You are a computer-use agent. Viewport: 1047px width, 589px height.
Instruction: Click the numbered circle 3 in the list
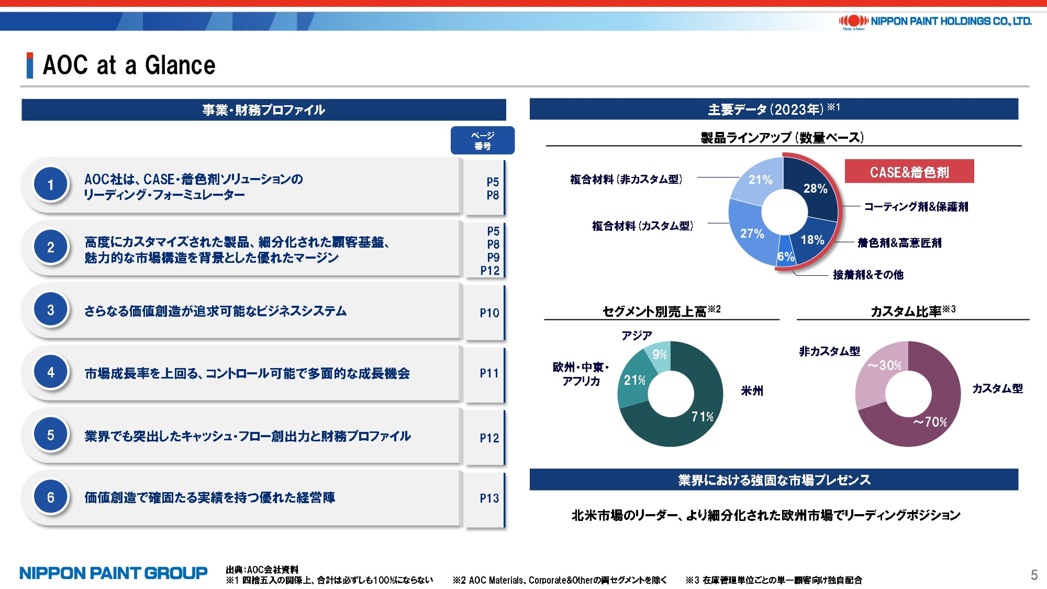tap(51, 309)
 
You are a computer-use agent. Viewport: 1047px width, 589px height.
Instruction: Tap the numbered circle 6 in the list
tap(51, 497)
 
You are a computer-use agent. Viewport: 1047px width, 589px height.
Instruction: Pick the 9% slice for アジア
tap(659, 353)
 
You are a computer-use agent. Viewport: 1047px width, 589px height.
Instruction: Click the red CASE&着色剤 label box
tap(909, 171)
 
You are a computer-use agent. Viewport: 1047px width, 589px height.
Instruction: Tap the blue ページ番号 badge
tap(483, 140)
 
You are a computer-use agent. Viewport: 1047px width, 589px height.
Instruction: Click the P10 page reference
tap(489, 313)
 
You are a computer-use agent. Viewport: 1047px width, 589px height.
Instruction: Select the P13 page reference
tap(489, 498)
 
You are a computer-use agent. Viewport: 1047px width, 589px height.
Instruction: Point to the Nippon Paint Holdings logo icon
tap(853, 21)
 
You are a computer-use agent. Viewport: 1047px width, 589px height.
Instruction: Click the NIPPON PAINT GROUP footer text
tap(114, 573)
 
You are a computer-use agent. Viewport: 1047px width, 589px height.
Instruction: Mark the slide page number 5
tap(1034, 575)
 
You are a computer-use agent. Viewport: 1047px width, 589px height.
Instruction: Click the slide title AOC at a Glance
tap(129, 65)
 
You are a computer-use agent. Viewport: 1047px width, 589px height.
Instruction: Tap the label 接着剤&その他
tap(868, 274)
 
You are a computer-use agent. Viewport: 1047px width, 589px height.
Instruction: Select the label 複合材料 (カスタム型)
tap(642, 226)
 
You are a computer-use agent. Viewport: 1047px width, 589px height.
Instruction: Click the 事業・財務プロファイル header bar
tap(264, 110)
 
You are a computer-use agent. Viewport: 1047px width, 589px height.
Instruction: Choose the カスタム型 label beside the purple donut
tap(997, 388)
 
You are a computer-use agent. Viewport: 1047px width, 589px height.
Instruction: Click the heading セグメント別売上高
tap(655, 312)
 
